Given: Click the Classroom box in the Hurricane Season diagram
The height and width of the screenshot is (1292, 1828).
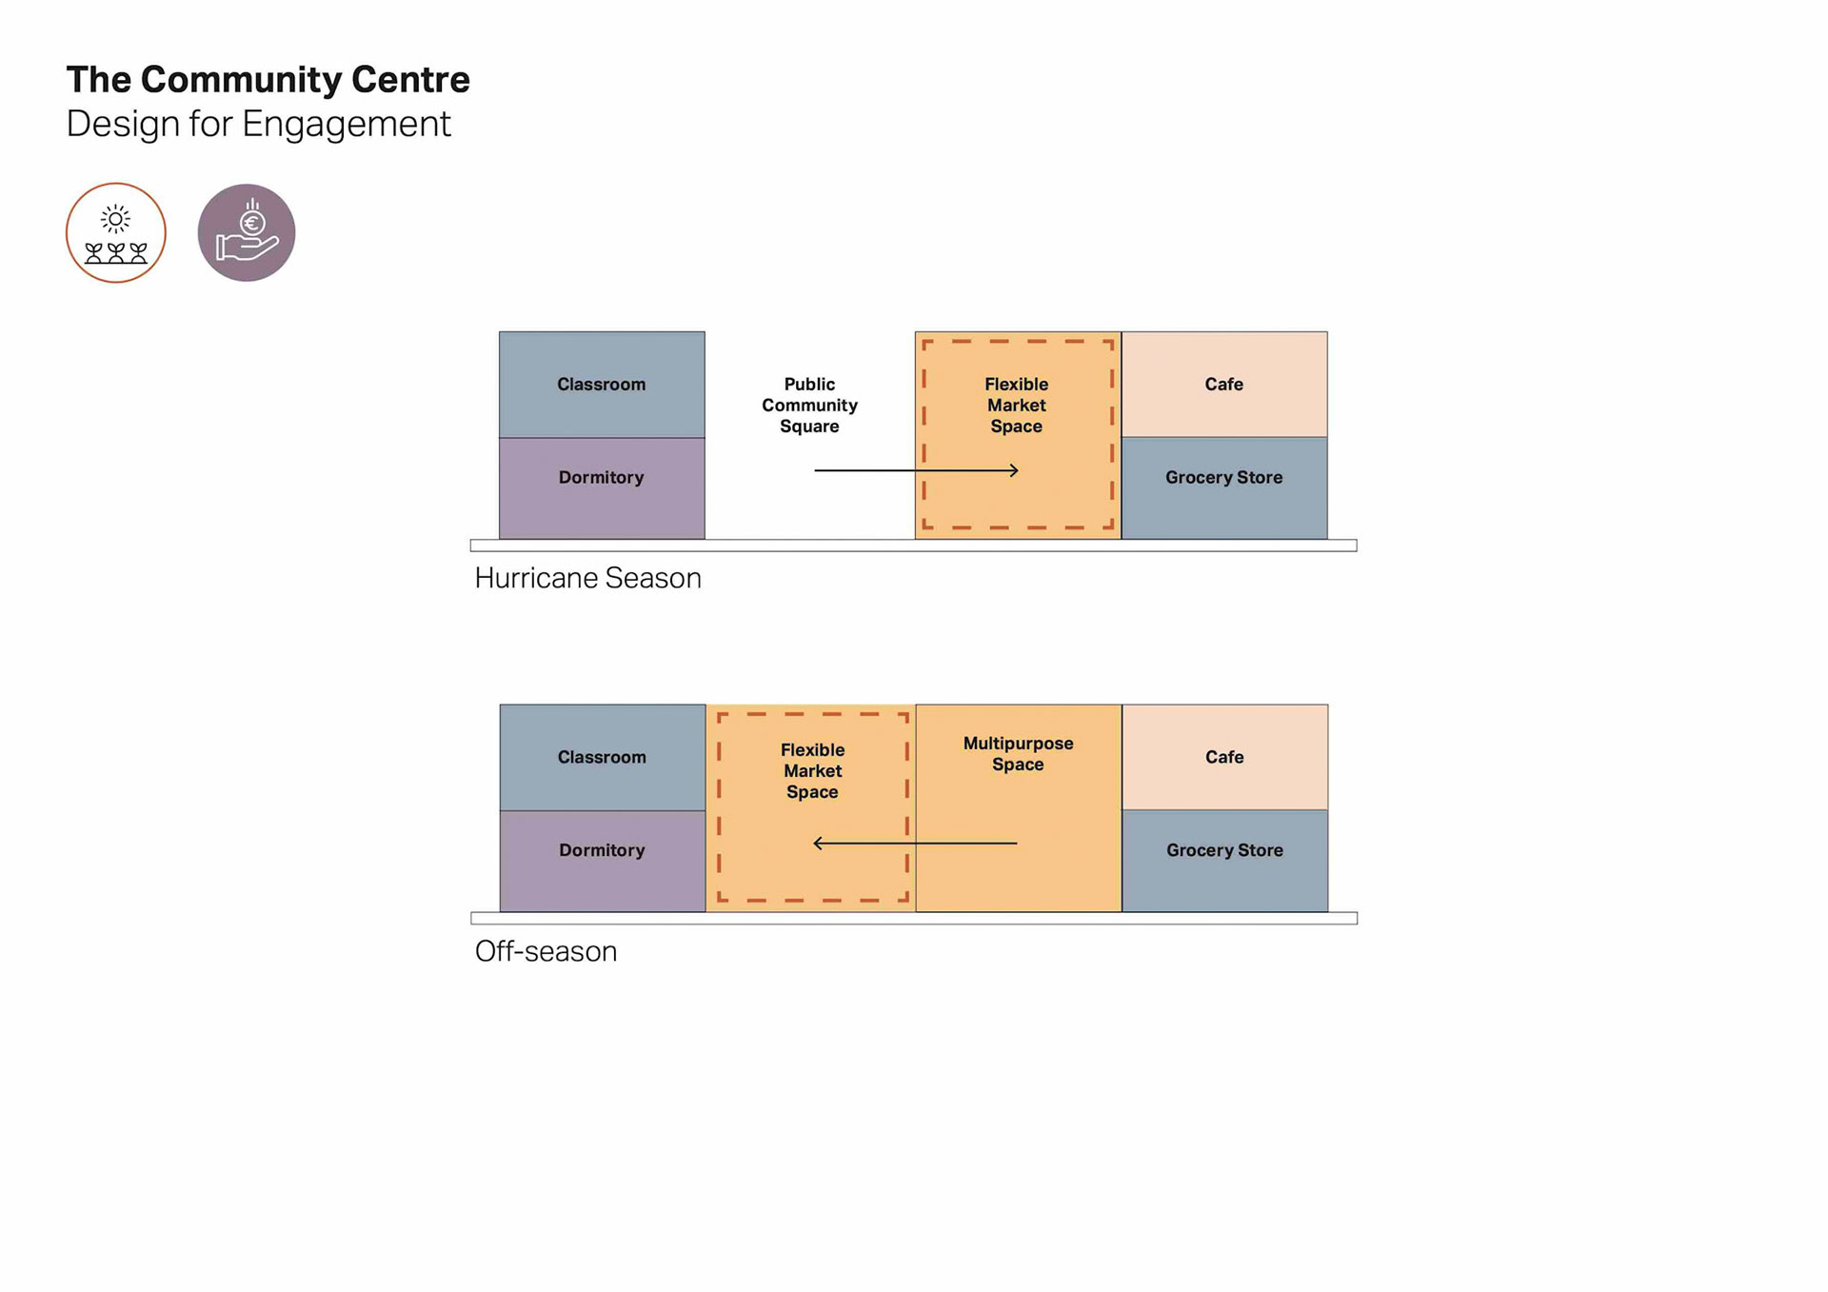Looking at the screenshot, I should coord(602,385).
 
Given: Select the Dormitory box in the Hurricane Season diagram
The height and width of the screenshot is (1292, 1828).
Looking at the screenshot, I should coord(602,487).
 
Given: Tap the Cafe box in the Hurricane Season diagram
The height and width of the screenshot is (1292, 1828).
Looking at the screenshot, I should coord(1223,384).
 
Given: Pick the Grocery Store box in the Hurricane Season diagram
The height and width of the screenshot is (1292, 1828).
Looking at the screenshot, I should coord(1223,487).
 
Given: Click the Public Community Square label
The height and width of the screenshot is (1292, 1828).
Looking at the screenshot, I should coord(809,405).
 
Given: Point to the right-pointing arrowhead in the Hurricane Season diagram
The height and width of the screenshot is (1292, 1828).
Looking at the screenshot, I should coord(1015,470).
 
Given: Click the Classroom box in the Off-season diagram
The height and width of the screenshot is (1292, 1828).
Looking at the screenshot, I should coord(602,757).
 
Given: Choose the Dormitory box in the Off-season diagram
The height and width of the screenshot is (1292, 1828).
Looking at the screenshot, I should coord(602,861).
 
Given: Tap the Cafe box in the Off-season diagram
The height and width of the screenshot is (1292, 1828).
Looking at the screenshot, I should coord(1224,757).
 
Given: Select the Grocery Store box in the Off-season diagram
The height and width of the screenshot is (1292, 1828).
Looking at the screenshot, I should coord(1224,861).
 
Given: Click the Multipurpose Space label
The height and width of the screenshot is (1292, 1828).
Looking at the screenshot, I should coord(1018,754).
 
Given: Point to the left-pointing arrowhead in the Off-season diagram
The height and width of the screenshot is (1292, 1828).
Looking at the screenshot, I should coord(817,843).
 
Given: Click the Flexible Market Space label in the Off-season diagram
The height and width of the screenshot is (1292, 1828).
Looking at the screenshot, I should coord(812,771).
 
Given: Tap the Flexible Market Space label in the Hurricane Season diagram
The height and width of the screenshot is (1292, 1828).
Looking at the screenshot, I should coord(1016,405).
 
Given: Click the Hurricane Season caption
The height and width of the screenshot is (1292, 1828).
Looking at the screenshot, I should coord(587,578).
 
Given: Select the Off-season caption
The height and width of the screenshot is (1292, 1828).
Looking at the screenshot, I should coord(546,951).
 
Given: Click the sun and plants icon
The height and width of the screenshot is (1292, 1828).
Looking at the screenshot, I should coord(116,233).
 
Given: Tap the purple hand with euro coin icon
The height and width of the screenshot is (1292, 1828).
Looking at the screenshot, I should coord(247,233).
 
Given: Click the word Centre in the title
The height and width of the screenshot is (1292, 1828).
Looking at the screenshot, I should coord(410,80).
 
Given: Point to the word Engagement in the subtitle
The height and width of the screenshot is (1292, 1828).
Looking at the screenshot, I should coord(346,125).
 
